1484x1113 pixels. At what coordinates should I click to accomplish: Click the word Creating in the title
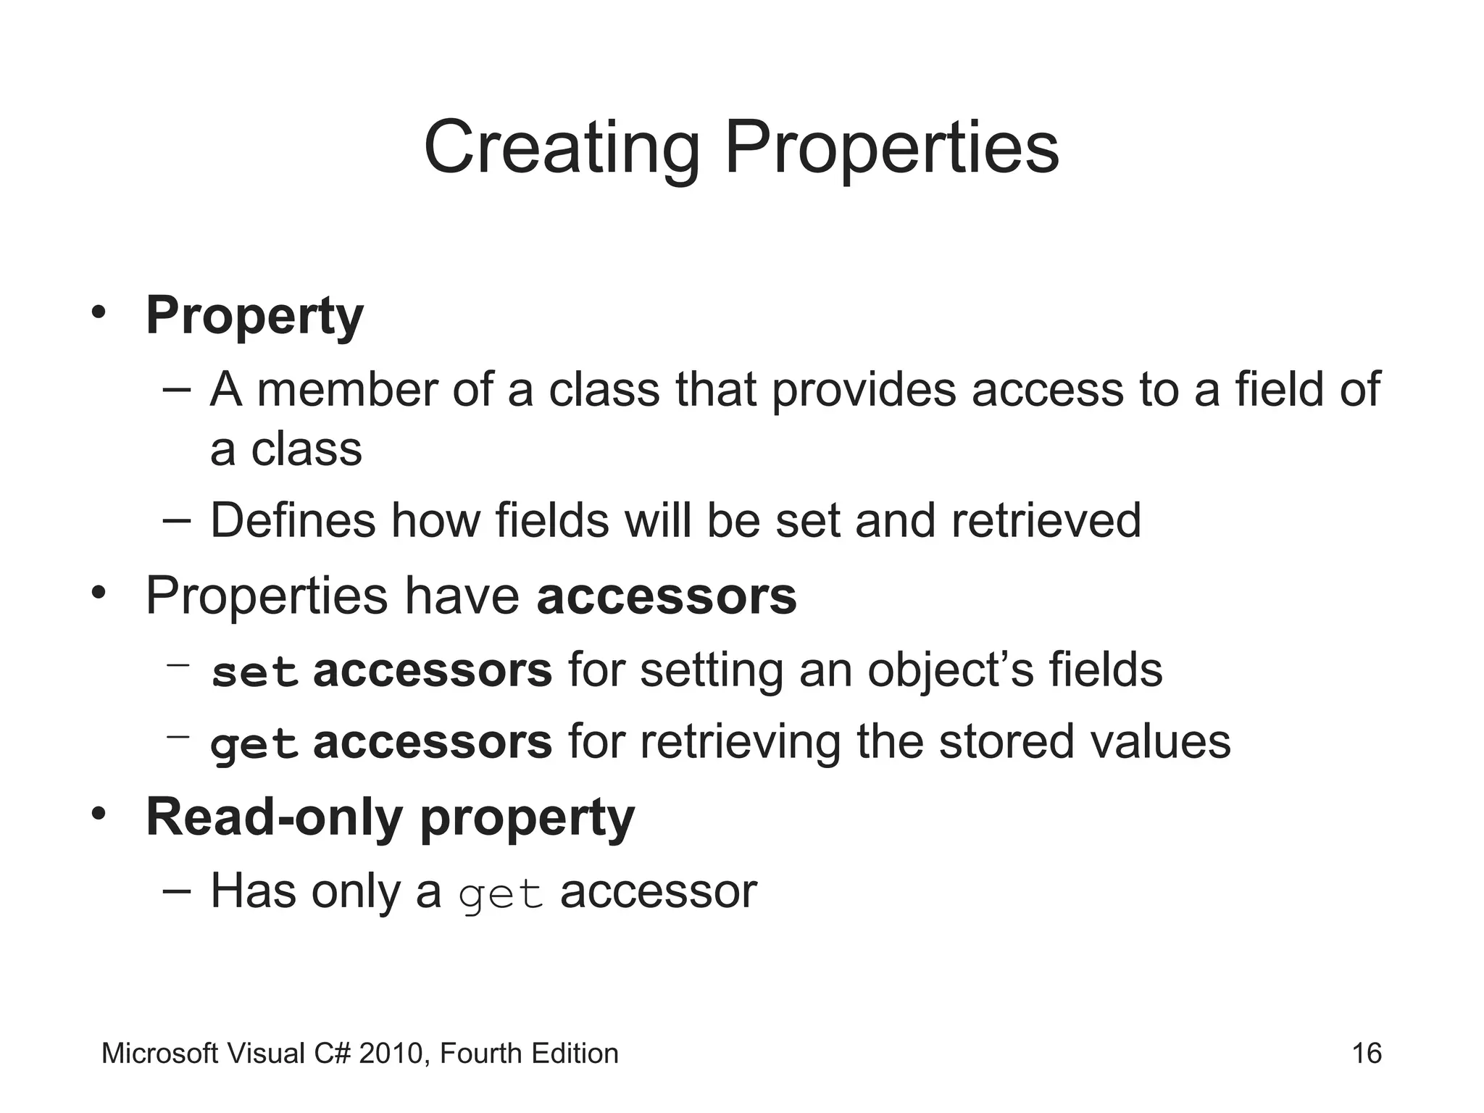pyautogui.click(x=562, y=149)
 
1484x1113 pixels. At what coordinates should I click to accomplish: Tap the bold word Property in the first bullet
pyautogui.click(x=254, y=317)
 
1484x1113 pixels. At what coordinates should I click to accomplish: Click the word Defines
pyautogui.click(x=293, y=520)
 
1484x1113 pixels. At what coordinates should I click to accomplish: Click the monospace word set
pyautogui.click(x=254, y=672)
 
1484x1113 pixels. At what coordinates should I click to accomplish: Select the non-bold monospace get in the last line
pyautogui.click(x=501, y=894)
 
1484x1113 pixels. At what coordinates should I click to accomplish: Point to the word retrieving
pyautogui.click(x=740, y=742)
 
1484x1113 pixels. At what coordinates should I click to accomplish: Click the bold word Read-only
pyautogui.click(x=274, y=817)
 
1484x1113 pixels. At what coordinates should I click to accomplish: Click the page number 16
pyautogui.click(x=1367, y=1054)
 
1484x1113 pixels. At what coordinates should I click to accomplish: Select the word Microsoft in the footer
pyautogui.click(x=159, y=1054)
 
